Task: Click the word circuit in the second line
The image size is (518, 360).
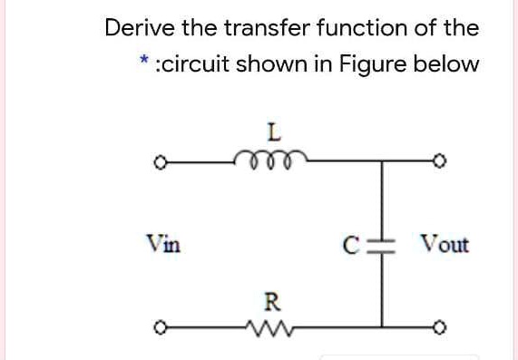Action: coord(192,65)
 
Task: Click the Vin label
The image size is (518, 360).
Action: coord(163,244)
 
